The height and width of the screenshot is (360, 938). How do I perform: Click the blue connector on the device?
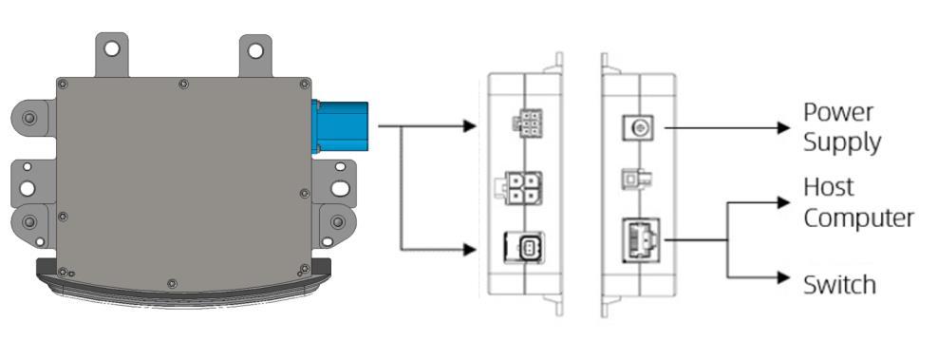click(x=340, y=126)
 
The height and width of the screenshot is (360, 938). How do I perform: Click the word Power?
click(x=838, y=113)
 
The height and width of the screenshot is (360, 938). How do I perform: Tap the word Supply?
click(x=842, y=143)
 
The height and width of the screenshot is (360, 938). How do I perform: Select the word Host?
click(x=829, y=187)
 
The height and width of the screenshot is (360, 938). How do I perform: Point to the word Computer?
click(x=858, y=218)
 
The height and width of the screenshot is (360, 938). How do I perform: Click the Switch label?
click(x=839, y=285)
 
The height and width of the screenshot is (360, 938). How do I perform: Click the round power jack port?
click(x=638, y=127)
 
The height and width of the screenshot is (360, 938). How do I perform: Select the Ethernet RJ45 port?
click(x=641, y=239)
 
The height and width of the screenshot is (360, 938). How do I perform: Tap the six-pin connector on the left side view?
click(x=526, y=122)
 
